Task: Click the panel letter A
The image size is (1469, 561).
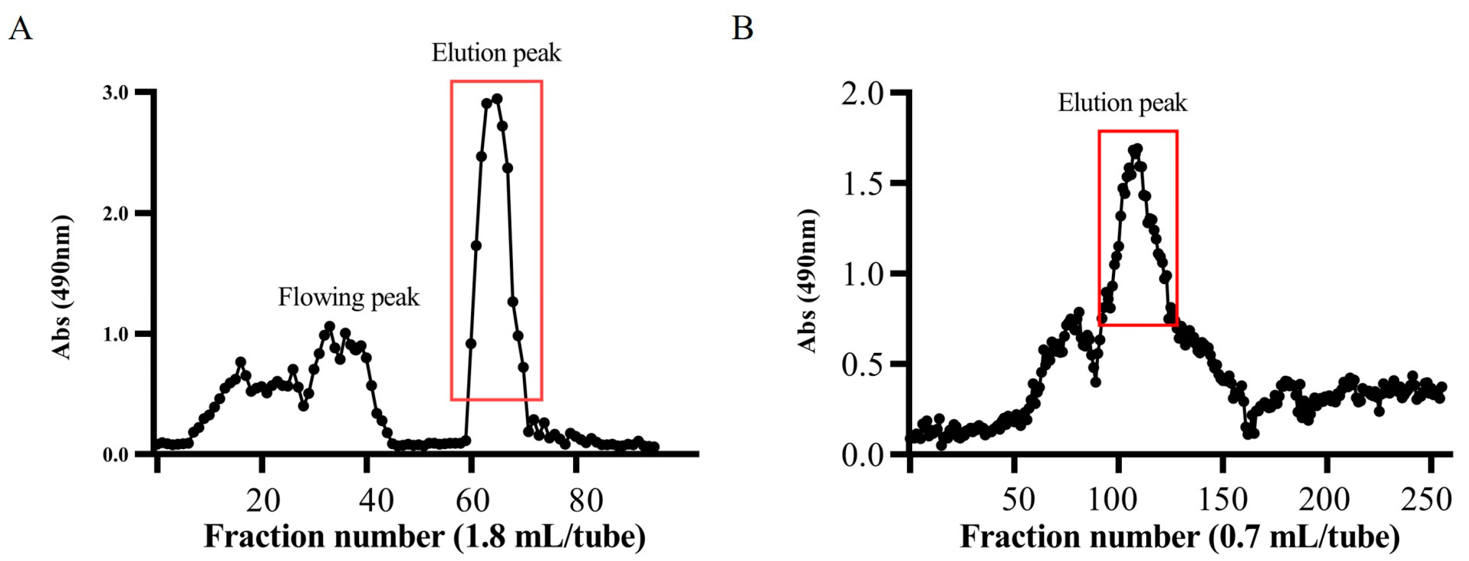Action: (x=20, y=28)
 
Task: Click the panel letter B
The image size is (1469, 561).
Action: (x=742, y=28)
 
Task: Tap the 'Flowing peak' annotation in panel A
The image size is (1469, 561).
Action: (x=349, y=298)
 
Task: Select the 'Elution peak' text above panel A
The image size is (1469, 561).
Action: (x=496, y=53)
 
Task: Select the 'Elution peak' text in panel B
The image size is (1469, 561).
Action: (x=1122, y=103)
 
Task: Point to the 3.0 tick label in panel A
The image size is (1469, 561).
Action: (x=115, y=93)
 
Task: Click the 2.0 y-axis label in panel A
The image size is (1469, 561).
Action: (x=115, y=214)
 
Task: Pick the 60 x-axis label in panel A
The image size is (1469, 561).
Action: (x=472, y=501)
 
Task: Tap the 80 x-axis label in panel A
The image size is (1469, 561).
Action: (x=586, y=501)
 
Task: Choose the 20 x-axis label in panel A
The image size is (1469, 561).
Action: (x=263, y=501)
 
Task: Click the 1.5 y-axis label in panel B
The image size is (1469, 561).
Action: (x=862, y=184)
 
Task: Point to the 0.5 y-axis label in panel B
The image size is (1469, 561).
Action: (x=862, y=364)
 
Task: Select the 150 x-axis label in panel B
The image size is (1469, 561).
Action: (x=1223, y=499)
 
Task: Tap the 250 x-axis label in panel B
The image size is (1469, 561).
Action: (x=1426, y=499)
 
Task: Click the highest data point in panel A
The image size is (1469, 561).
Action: (x=496, y=99)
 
